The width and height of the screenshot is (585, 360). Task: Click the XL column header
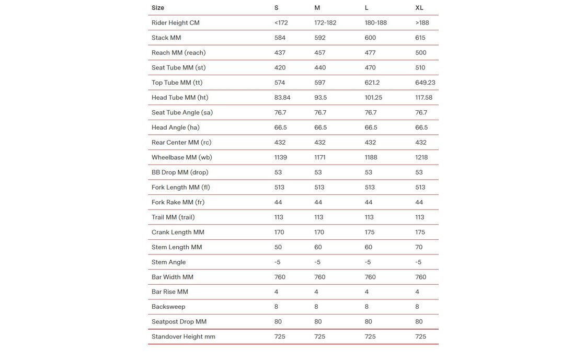(419, 8)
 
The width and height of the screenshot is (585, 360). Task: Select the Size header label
(158, 8)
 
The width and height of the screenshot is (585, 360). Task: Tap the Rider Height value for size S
(281, 23)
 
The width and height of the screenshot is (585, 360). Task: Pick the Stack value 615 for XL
(420, 38)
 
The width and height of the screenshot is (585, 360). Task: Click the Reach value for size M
(320, 53)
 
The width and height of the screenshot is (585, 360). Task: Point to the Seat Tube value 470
(370, 67)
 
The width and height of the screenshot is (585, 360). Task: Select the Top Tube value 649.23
(425, 83)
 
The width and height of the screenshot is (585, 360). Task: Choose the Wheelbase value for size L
(371, 157)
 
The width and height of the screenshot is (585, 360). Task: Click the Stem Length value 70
(419, 247)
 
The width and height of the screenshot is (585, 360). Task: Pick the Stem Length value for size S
(278, 247)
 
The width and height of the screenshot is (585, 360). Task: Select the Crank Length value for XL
(420, 232)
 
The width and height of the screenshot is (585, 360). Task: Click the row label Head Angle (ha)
(176, 127)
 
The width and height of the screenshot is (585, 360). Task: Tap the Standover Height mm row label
(183, 336)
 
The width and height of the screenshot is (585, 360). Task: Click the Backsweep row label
(168, 307)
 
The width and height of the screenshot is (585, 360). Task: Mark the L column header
(366, 8)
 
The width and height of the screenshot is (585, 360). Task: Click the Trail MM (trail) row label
(173, 217)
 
